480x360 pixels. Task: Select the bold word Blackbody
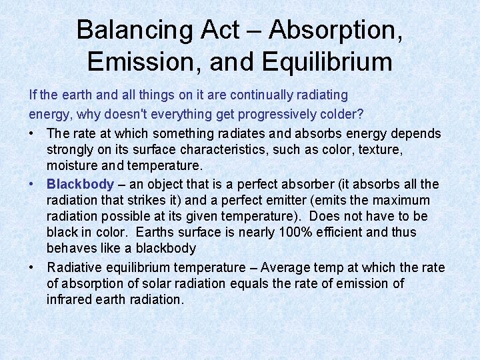coord(80,184)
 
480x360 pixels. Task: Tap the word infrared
coord(69,299)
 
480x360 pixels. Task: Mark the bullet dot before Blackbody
coord(33,184)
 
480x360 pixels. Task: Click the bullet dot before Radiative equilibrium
coord(33,267)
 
